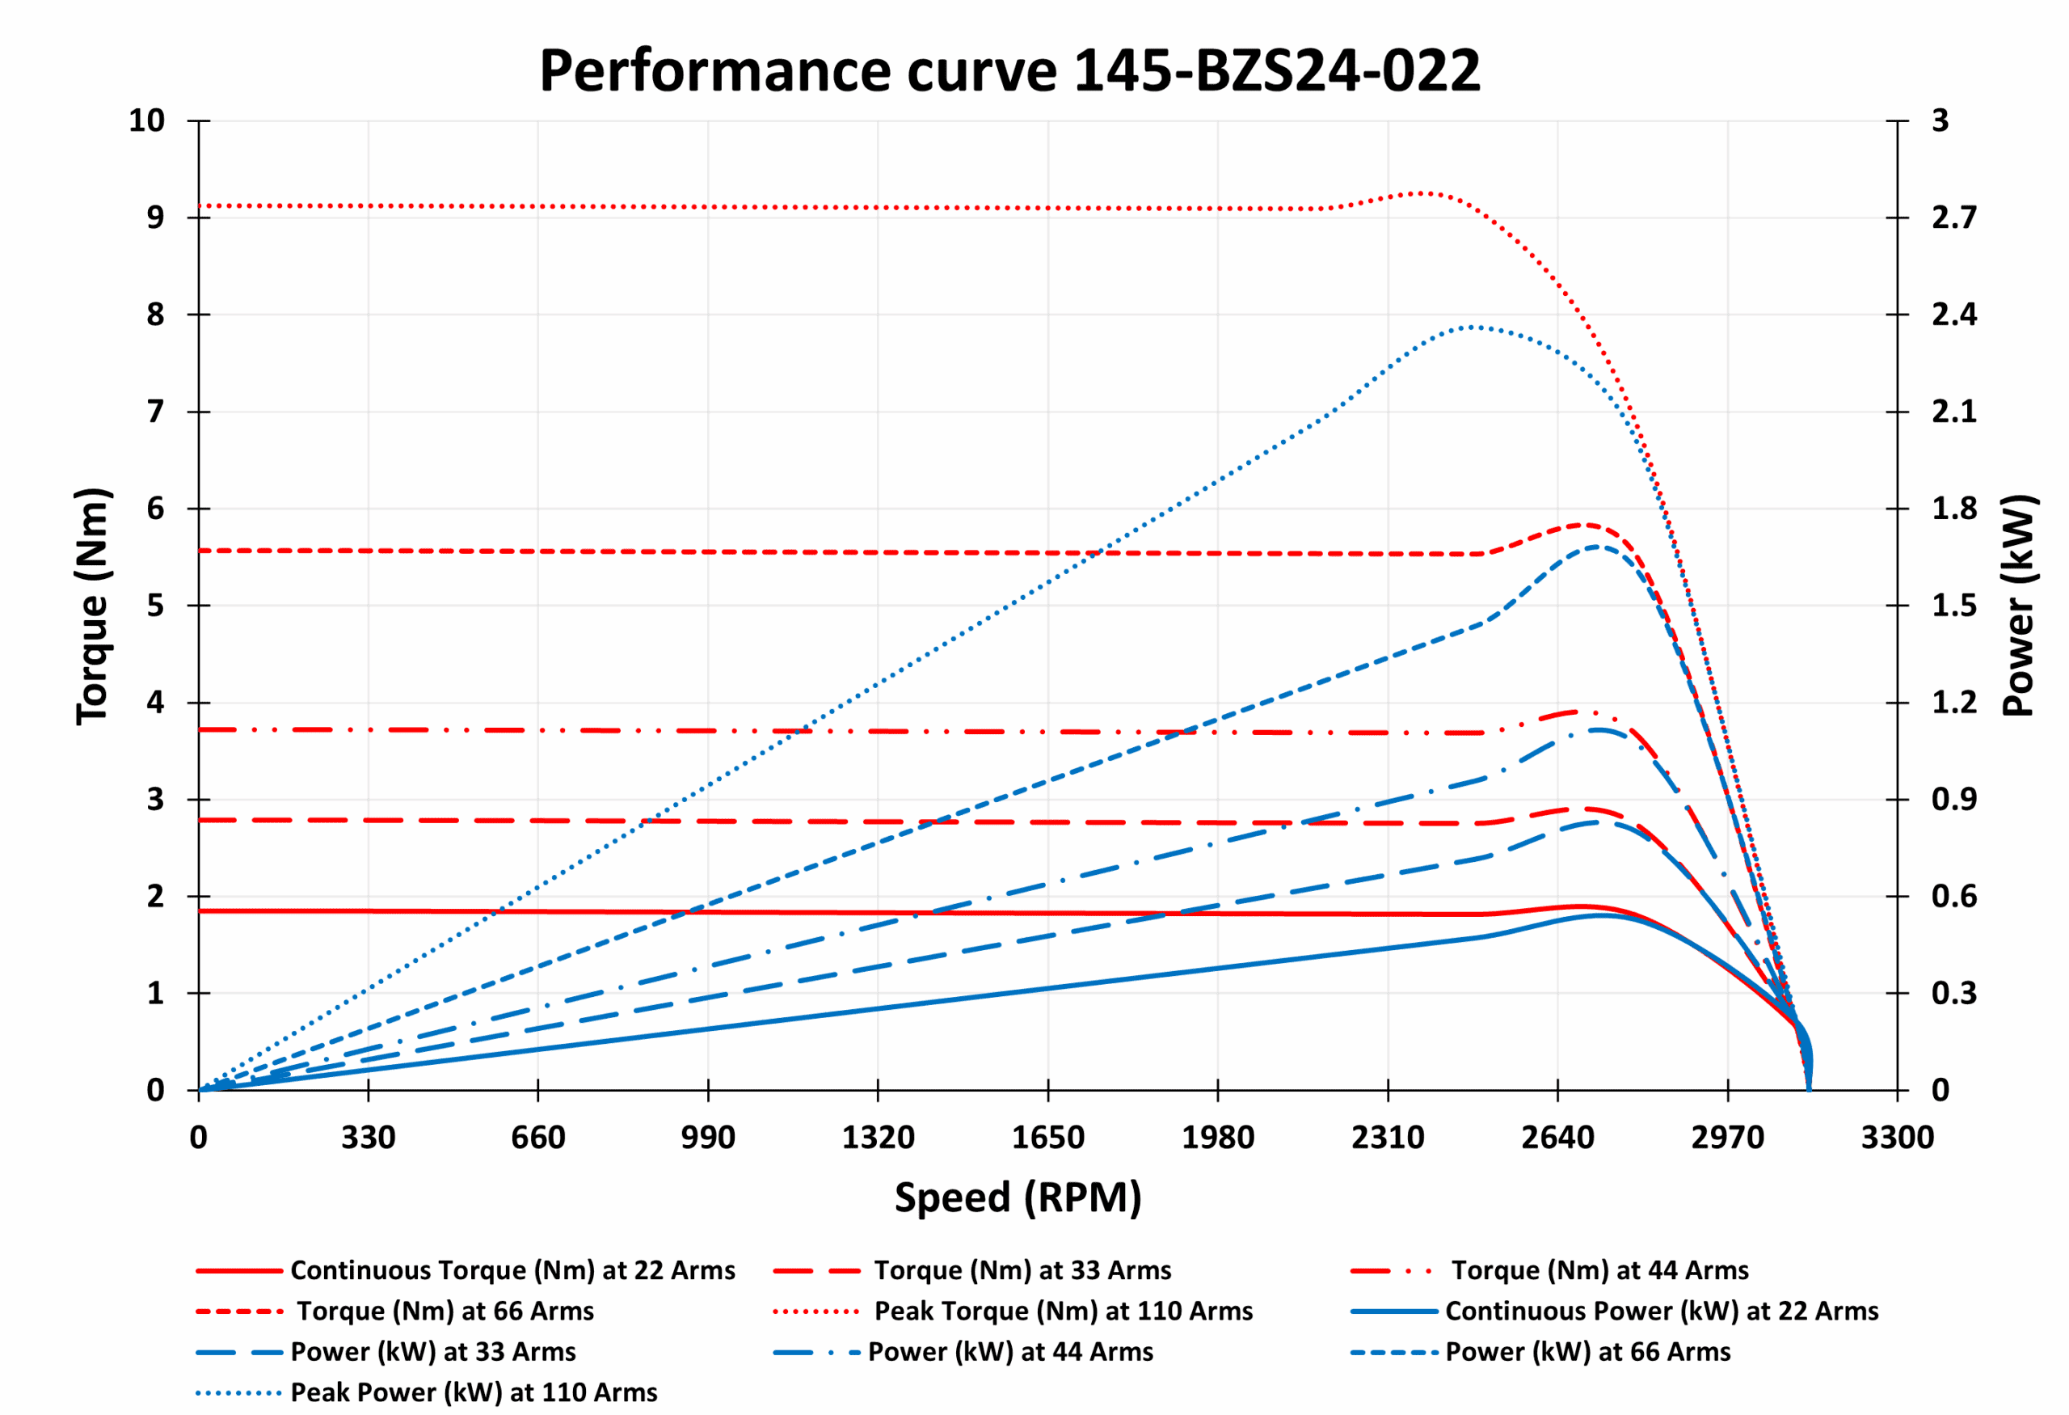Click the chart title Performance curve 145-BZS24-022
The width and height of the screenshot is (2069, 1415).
pos(1009,70)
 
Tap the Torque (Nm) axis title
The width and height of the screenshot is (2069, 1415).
pos(93,606)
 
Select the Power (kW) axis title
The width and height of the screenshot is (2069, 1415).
pos(2018,605)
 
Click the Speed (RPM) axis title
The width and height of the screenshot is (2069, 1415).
pos(1018,1197)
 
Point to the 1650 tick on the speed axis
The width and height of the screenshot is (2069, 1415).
pos(1048,1137)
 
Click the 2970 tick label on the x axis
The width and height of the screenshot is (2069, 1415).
pos(1727,1137)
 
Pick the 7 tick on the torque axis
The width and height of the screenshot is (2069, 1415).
pos(156,412)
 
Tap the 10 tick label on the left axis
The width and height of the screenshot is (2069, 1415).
pos(147,120)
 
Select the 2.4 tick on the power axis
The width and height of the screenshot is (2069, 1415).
pos(1953,315)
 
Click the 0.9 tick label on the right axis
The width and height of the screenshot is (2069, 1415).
pos(1953,800)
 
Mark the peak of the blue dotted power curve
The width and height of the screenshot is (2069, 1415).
pos(1473,327)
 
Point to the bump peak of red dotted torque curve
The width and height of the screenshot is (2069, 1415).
pos(1422,192)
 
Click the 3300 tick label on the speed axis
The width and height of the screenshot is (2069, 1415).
pos(1897,1137)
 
